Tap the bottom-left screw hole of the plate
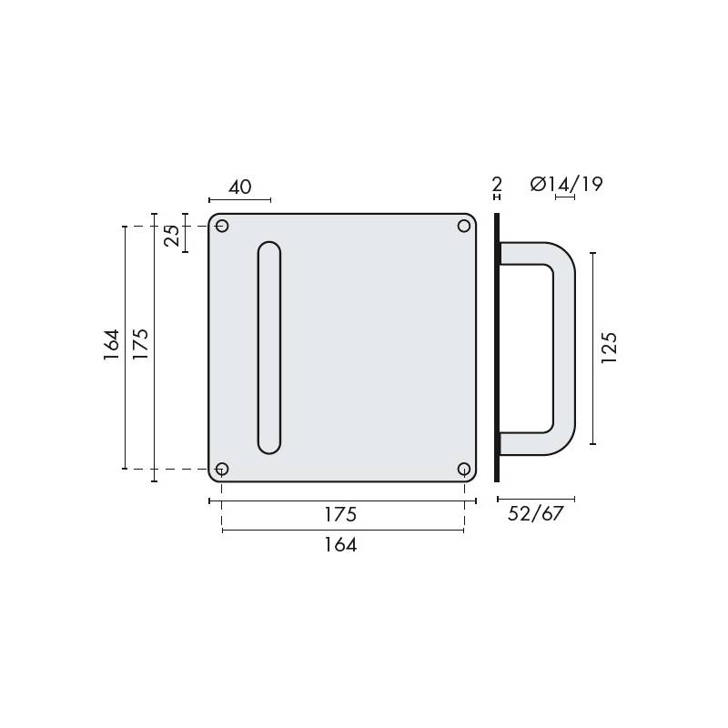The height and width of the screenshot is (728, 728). click(222, 469)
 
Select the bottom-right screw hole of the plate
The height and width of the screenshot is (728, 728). click(464, 469)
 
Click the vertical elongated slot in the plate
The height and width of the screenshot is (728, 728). click(269, 348)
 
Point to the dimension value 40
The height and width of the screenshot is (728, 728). click(239, 187)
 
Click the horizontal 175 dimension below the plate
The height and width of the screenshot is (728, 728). click(340, 514)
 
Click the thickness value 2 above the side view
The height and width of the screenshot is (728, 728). click(497, 185)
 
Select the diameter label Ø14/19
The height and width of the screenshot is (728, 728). click(566, 185)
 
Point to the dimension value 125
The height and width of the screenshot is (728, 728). click(610, 348)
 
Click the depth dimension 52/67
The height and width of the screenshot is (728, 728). click(535, 514)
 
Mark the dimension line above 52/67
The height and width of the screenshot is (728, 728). click(535, 499)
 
